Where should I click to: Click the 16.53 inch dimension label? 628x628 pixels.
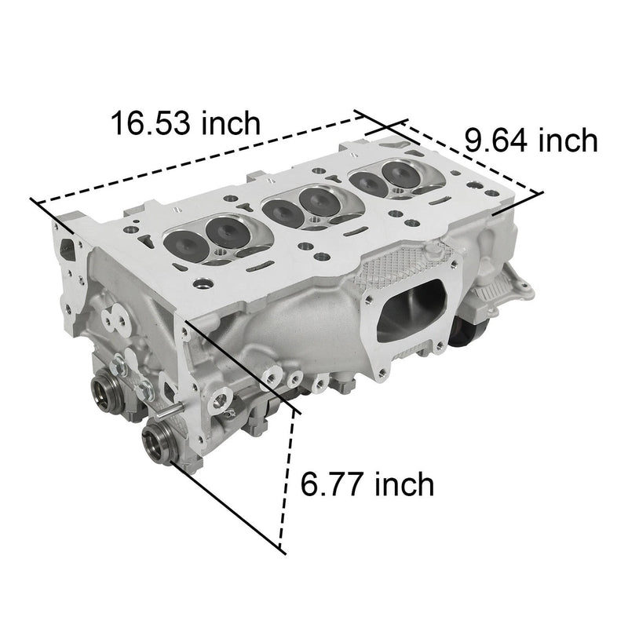tap(184, 123)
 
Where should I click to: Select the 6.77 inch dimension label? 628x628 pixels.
tap(367, 484)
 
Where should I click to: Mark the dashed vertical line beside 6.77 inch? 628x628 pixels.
tap(287, 479)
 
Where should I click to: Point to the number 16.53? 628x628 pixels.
tap(149, 123)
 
